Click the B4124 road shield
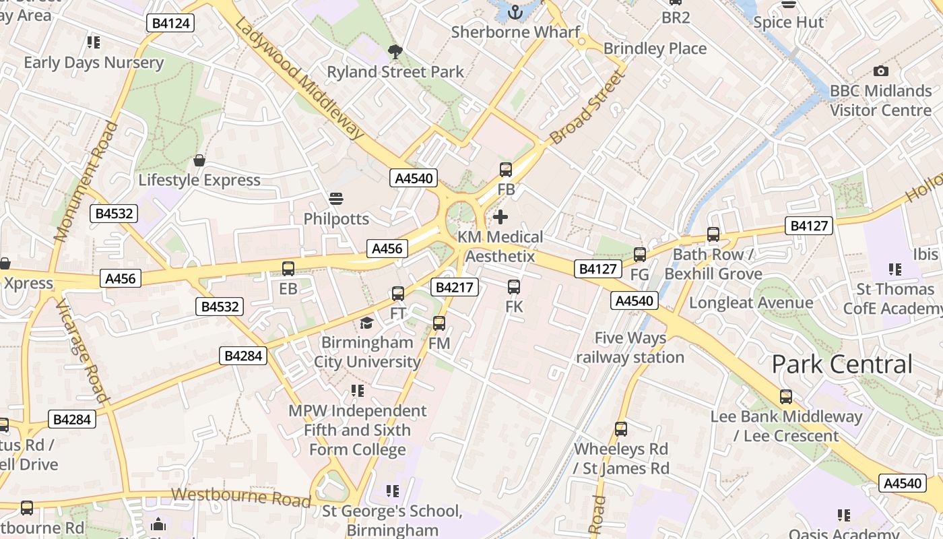click(x=171, y=23)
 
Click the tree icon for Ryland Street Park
click(x=395, y=51)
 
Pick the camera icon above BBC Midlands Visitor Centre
click(x=880, y=71)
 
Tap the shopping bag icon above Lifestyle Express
click(x=199, y=160)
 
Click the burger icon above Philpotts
click(x=335, y=199)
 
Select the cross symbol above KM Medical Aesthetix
click(x=500, y=217)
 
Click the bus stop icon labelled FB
click(x=506, y=170)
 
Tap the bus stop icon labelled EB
click(x=288, y=269)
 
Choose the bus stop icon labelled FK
click(x=514, y=287)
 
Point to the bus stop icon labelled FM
click(x=439, y=323)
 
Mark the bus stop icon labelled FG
click(x=640, y=255)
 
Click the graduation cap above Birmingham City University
click(x=366, y=323)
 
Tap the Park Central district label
click(x=842, y=364)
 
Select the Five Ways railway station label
click(x=630, y=348)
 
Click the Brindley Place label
click(x=655, y=49)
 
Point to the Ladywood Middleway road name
click(x=300, y=78)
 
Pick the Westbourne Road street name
click(x=240, y=497)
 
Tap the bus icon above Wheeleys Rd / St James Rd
click(x=621, y=429)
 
